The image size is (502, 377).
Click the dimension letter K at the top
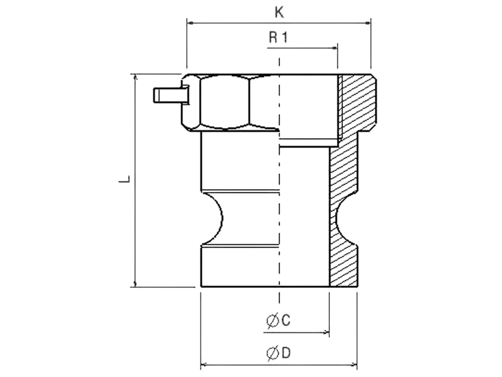point(279,13)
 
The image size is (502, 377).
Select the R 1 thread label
point(278,38)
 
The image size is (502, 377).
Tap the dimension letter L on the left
point(125,179)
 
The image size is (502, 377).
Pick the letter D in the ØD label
point(286,353)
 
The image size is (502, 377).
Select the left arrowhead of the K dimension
point(190,23)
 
